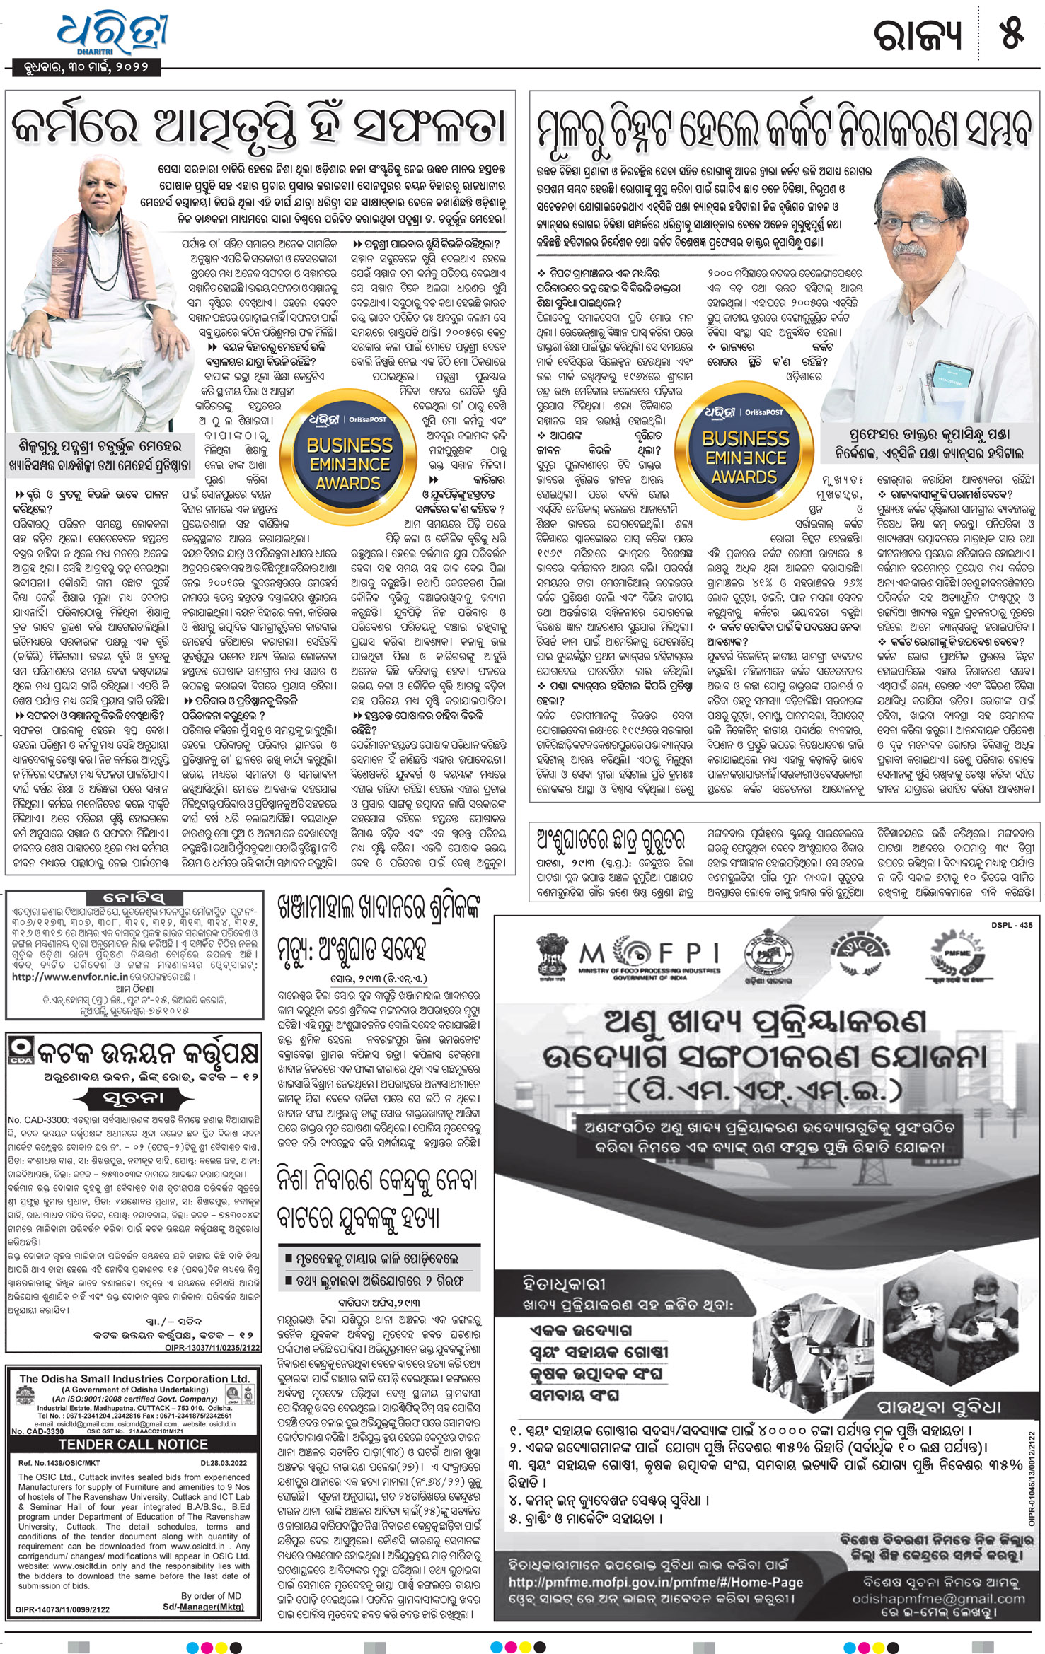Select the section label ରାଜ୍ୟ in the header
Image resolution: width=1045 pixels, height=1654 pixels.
(919, 35)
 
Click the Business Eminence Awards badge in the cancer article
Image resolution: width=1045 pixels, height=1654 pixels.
(745, 445)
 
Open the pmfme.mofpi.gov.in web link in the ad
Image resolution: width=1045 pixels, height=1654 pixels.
(656, 1583)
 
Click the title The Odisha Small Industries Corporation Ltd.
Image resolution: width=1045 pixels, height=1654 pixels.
(134, 1378)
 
